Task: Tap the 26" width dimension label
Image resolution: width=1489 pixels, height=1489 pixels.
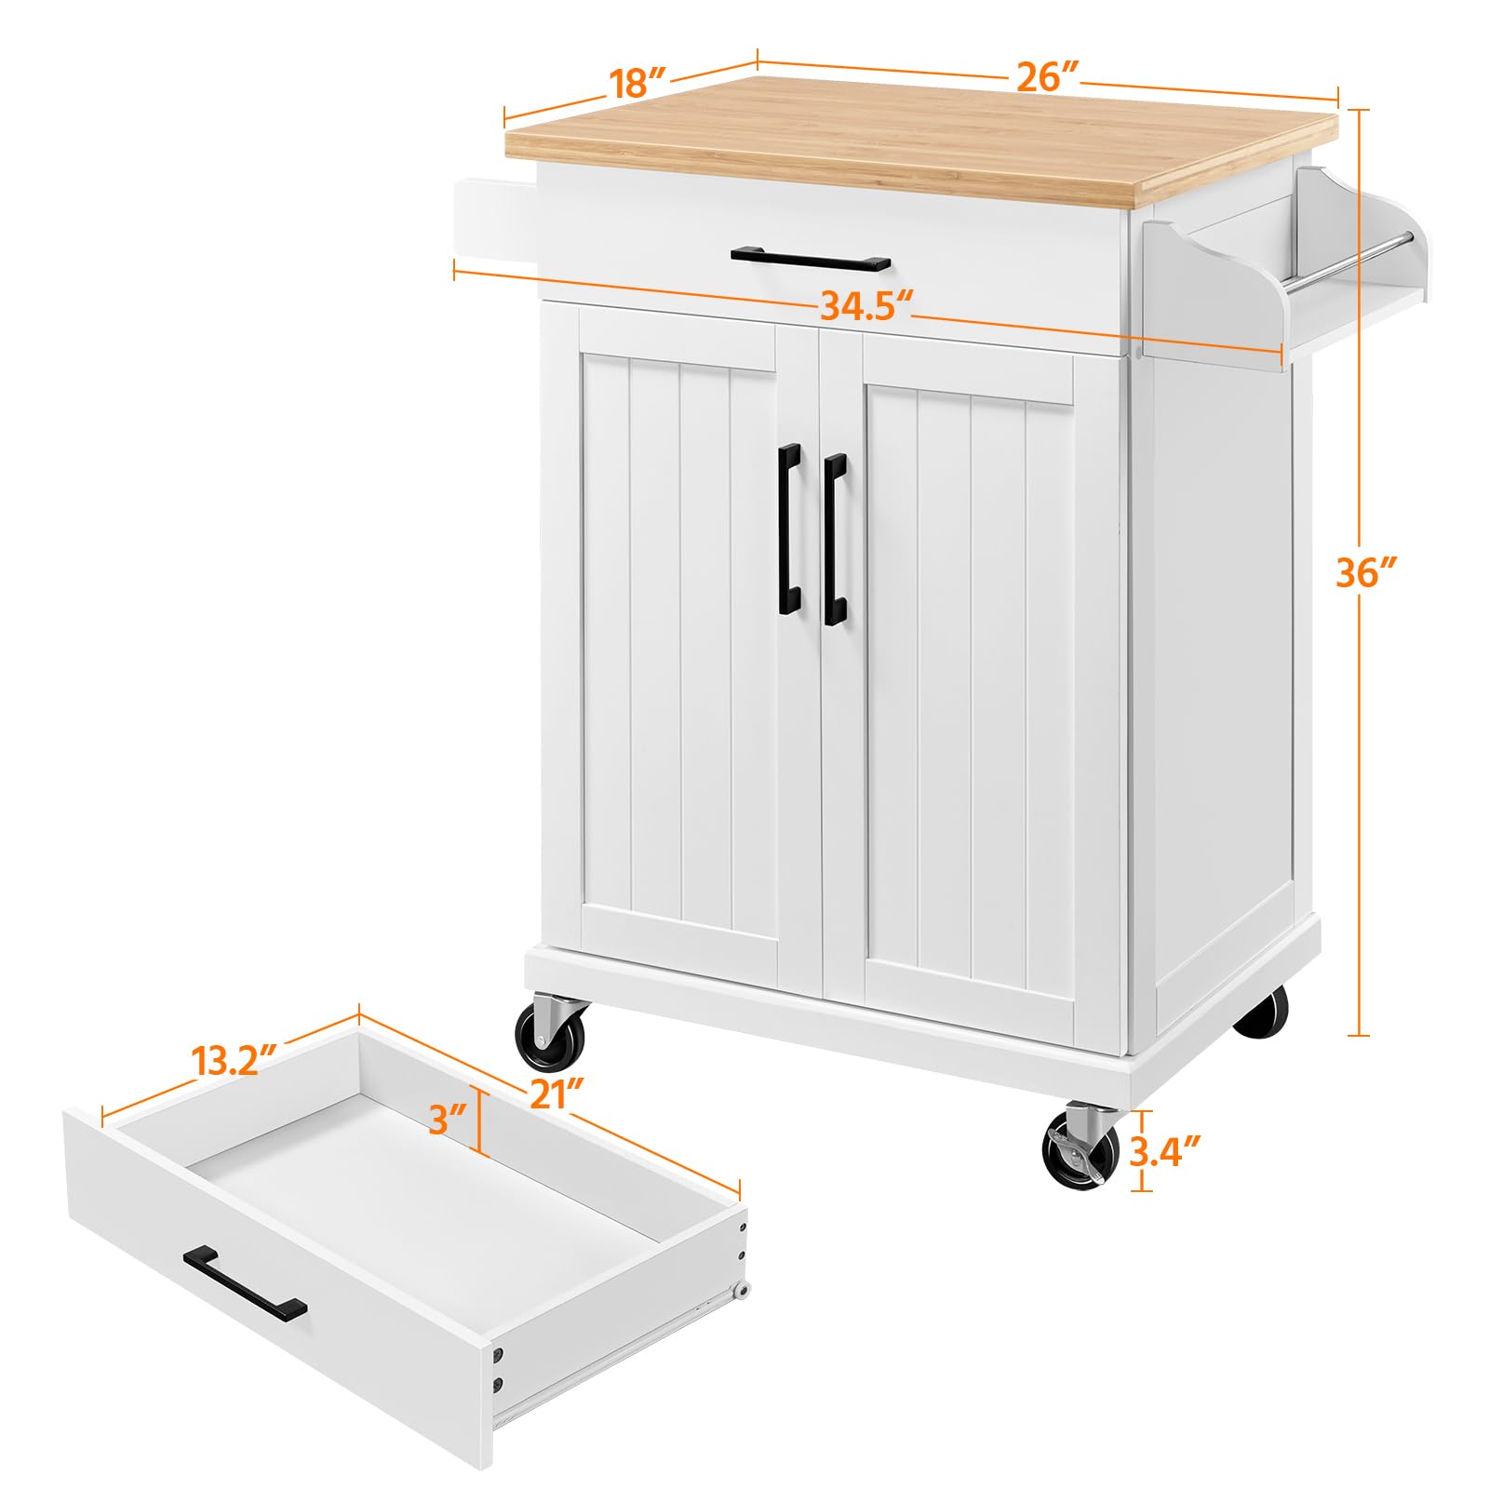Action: [x=1047, y=76]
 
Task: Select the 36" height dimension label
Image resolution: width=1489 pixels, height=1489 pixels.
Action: [x=1367, y=572]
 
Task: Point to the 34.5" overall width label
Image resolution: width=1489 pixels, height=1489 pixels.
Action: [x=865, y=305]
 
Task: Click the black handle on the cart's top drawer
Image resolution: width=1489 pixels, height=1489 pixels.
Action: [x=810, y=258]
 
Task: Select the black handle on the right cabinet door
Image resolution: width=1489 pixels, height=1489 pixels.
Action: [x=834, y=539]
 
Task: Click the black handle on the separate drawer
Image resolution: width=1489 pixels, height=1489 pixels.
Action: [x=244, y=1282]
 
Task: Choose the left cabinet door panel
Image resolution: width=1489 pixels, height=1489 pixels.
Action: [x=679, y=642]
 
